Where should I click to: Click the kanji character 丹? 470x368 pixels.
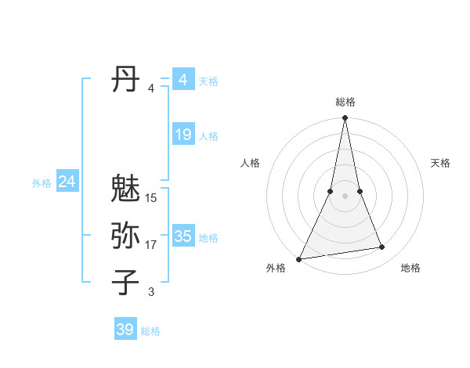pos(125,80)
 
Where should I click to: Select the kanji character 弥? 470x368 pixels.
pos(125,236)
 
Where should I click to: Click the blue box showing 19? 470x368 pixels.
pos(183,135)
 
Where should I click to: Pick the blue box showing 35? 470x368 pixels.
pos(183,236)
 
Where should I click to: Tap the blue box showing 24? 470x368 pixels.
pos(67,182)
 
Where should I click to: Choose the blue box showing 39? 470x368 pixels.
pos(125,330)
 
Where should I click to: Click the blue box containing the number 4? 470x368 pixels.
pos(183,80)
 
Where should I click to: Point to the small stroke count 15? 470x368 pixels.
pos(151,198)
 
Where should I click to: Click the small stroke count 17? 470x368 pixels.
pos(151,245)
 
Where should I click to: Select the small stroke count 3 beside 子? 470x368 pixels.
pos(151,292)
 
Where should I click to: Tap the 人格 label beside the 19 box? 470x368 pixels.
pos(208,136)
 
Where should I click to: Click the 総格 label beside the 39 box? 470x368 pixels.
pos(150,331)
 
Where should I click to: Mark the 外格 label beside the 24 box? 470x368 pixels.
pos(42,183)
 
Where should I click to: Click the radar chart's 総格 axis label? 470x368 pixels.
pos(345,102)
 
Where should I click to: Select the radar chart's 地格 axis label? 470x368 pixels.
pos(410,268)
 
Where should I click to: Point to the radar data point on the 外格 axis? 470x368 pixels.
pos(298,259)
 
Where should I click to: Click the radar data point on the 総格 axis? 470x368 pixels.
pos(345,118)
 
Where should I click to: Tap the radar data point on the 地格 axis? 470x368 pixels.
pos(382,247)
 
